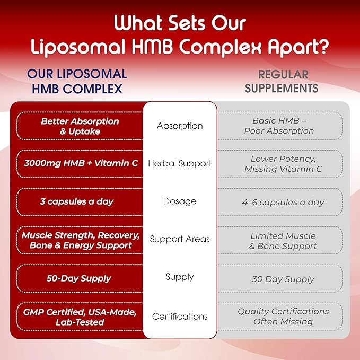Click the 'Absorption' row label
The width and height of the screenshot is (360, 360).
click(x=180, y=126)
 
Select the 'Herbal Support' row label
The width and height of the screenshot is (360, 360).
click(x=180, y=164)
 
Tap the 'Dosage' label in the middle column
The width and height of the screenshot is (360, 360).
click(x=180, y=201)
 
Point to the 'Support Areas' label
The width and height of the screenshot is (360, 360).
click(x=180, y=239)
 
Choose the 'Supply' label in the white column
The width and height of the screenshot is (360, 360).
click(x=180, y=277)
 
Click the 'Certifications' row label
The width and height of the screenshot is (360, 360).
click(x=180, y=317)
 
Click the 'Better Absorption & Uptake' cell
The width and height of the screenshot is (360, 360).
click(x=80, y=126)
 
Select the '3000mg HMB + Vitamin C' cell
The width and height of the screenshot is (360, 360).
click(x=80, y=164)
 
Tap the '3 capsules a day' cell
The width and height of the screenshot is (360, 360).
click(x=80, y=202)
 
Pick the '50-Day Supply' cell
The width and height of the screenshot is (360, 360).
click(x=80, y=278)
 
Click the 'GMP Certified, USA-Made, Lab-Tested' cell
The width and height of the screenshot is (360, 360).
click(x=80, y=317)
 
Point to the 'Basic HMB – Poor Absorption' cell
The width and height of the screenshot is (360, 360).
click(x=279, y=126)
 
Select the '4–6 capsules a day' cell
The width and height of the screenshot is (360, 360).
click(x=279, y=202)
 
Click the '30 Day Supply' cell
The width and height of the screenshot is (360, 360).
click(x=279, y=279)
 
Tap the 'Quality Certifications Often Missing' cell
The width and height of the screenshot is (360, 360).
click(x=279, y=317)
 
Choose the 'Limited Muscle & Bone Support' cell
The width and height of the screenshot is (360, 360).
click(x=279, y=240)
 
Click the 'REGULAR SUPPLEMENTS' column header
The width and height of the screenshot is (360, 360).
click(x=282, y=81)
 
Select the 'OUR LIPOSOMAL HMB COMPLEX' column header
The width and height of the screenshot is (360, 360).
click(x=77, y=81)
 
